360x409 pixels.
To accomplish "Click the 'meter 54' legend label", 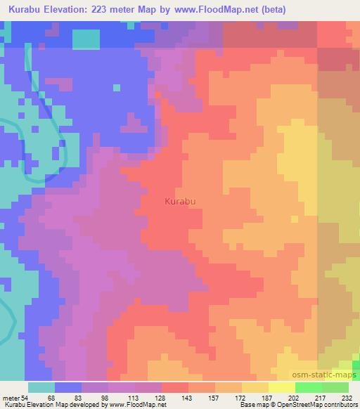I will (x=15, y=398).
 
